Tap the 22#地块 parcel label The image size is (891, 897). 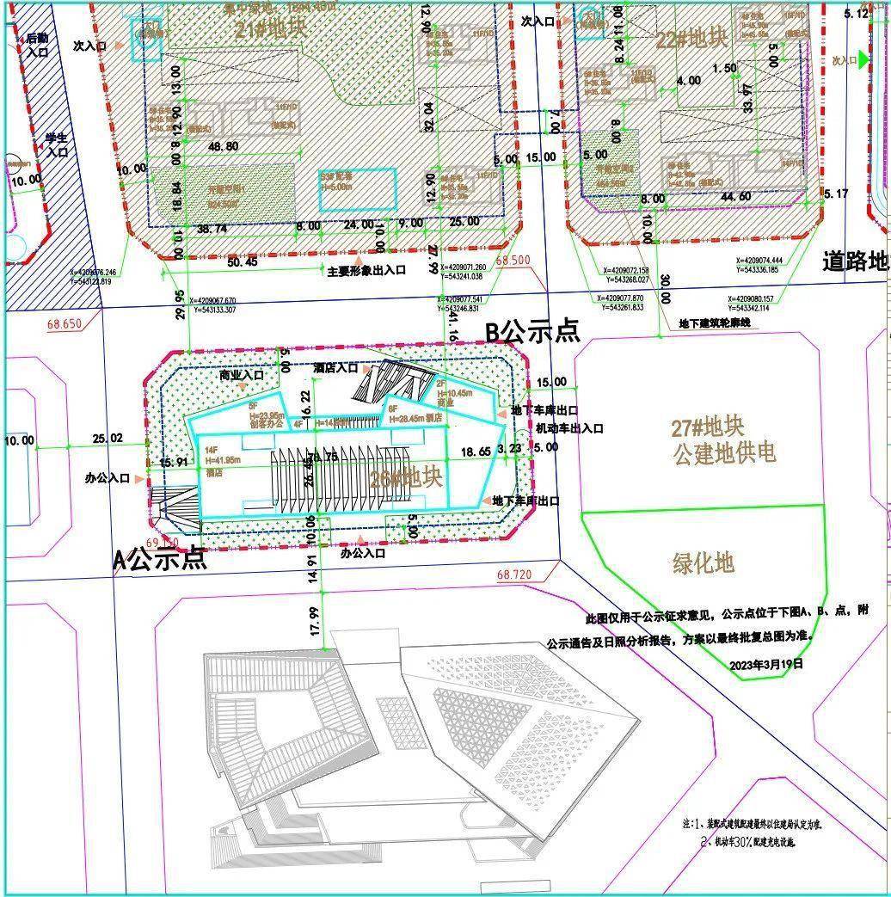coord(704,40)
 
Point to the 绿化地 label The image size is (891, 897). coord(703,563)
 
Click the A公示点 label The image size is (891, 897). coord(160,559)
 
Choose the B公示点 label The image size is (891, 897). coord(532,331)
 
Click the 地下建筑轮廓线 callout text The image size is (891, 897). coord(715,323)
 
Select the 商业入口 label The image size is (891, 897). coord(241,375)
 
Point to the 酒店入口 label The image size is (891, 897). coord(335,368)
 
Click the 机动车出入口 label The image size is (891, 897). coord(569,427)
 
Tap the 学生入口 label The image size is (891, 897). coord(58,144)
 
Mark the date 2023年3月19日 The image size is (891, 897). coord(765,664)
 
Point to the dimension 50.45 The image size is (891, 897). coord(239,261)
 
